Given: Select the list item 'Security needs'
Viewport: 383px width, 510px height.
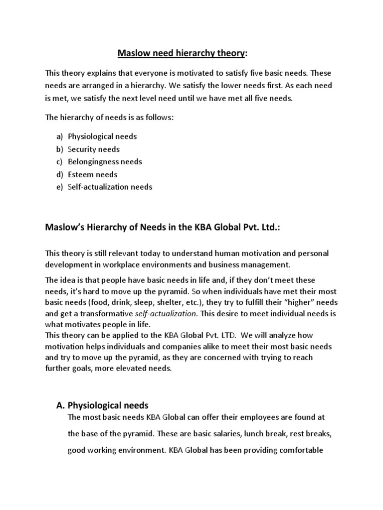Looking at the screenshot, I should click(x=94, y=149).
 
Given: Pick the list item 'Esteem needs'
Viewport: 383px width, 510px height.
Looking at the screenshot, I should click(x=93, y=174).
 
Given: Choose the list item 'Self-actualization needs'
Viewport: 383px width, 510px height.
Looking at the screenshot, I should click(x=110, y=187).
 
